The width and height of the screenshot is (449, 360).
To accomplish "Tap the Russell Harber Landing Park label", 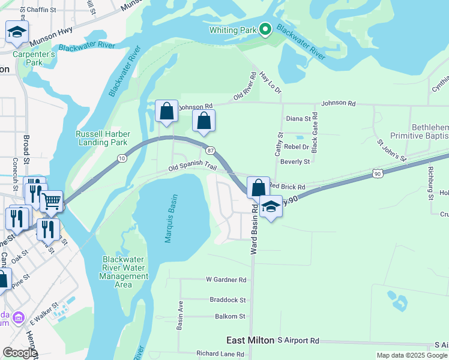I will [x=101, y=139].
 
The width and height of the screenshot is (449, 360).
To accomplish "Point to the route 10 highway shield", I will [x=122, y=158].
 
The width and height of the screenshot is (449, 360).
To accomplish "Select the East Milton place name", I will [x=250, y=340].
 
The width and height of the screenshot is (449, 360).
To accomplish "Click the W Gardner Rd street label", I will [x=226, y=280].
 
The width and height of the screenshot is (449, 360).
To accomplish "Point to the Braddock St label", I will [x=228, y=299].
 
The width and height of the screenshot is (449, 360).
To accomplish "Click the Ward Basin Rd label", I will [x=254, y=229].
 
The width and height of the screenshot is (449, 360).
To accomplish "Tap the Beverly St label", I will [x=295, y=161].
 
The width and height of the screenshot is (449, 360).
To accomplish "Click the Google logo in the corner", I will [x=19, y=353].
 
